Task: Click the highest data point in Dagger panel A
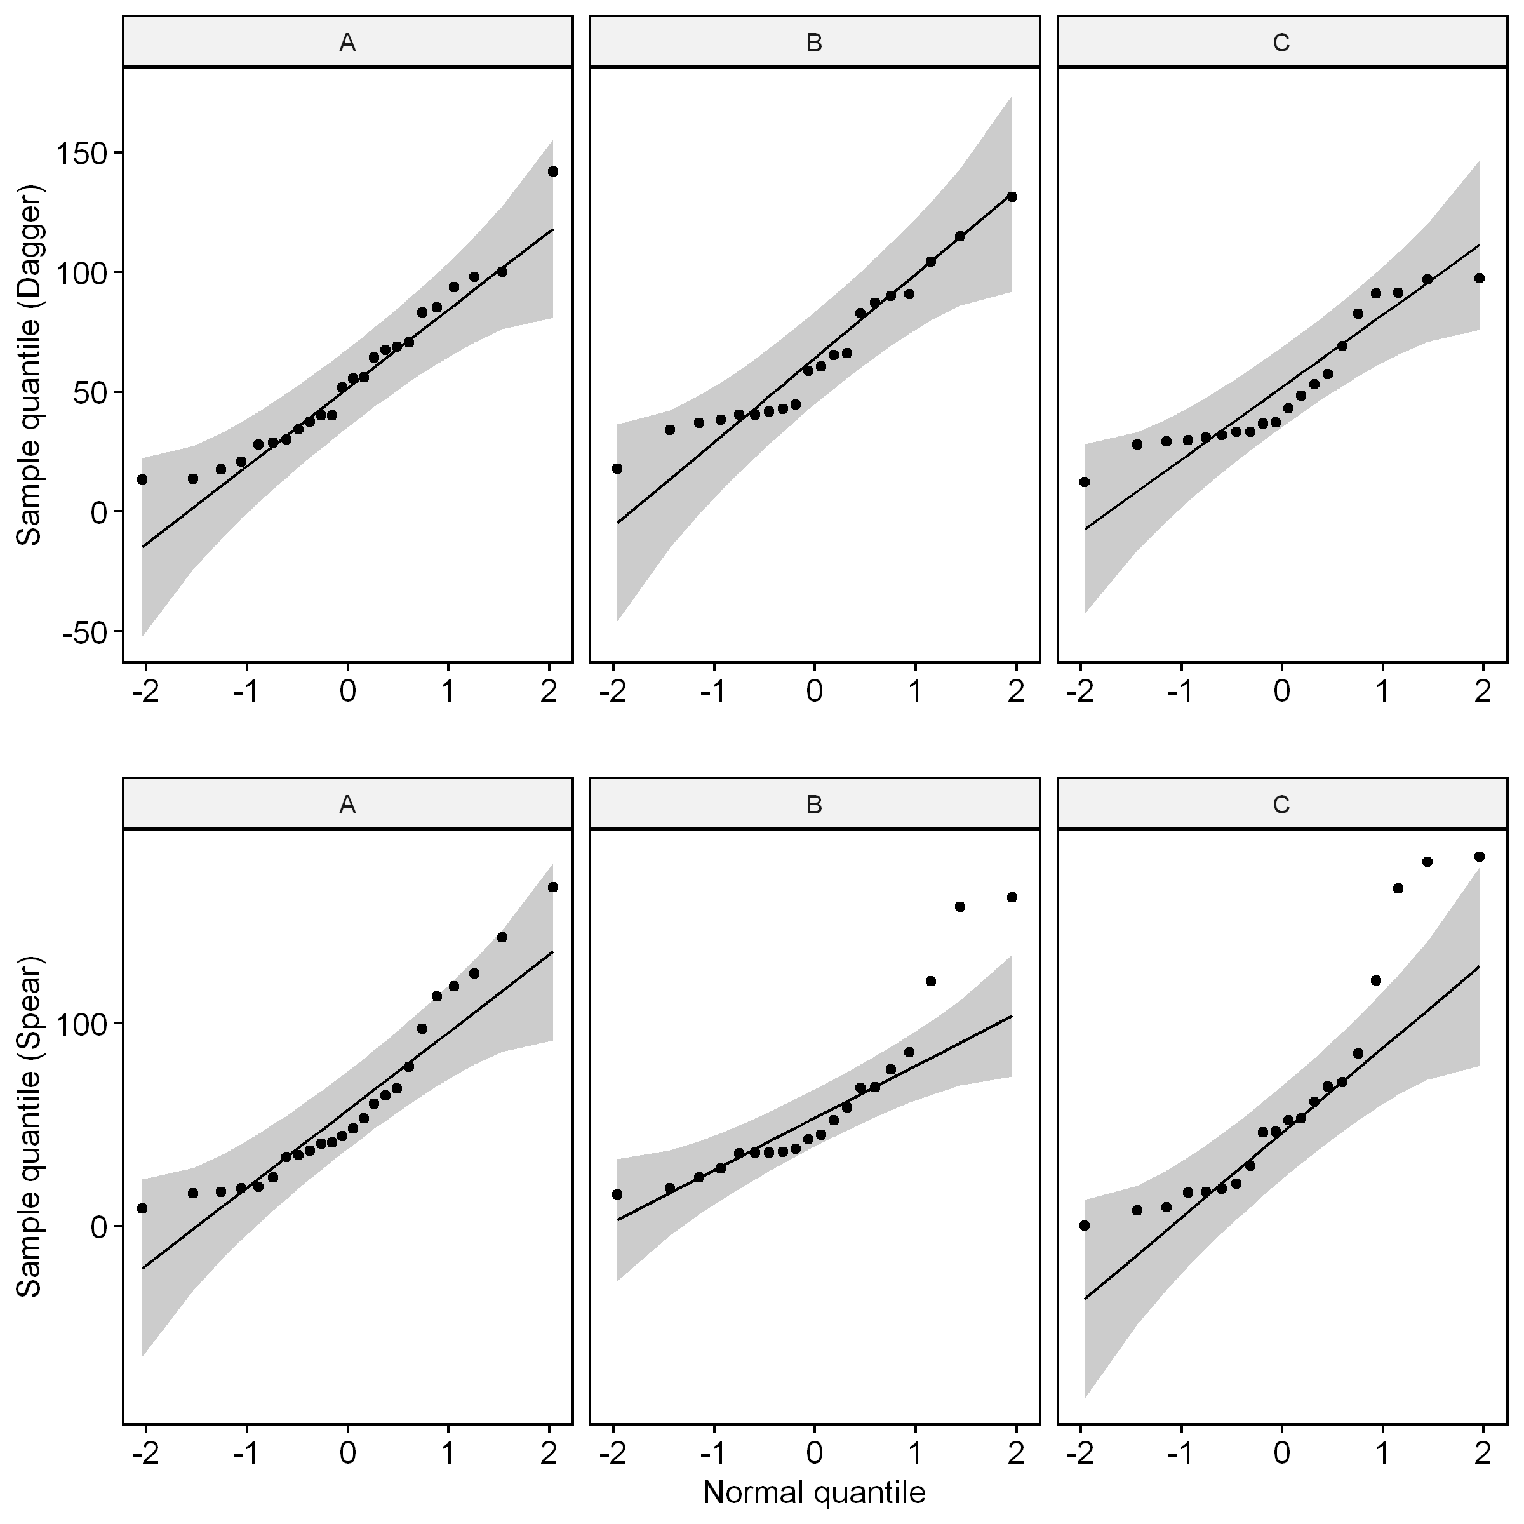point(553,171)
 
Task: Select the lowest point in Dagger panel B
point(617,469)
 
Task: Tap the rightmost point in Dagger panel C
point(1479,277)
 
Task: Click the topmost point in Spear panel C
point(1479,857)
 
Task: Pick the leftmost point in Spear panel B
point(617,1194)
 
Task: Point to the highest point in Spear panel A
point(553,886)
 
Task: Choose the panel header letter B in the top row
point(814,43)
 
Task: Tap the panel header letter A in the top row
point(347,43)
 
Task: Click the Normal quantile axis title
point(814,1492)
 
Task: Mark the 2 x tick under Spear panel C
point(1483,1453)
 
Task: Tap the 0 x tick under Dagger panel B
point(814,692)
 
